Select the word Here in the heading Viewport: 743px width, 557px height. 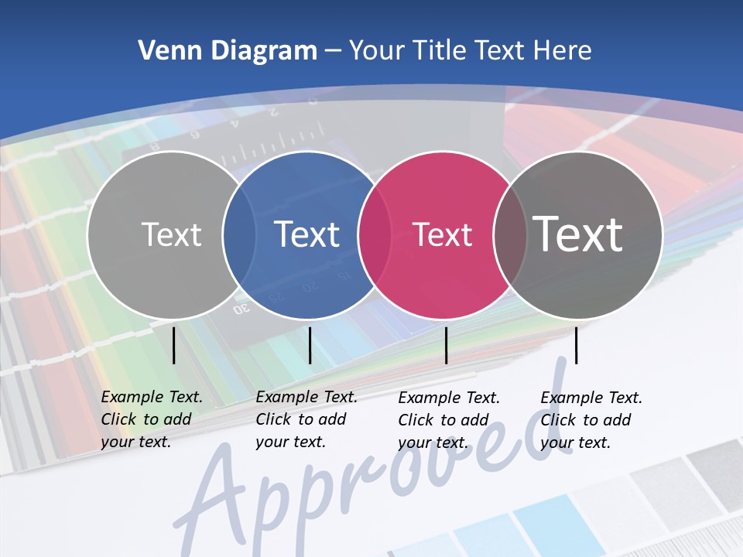563,51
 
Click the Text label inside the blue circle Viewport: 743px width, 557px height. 307,234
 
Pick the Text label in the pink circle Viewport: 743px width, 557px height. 442,234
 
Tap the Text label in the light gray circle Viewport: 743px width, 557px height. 171,234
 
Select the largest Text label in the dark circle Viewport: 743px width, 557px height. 578,234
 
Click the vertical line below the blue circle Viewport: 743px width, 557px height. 310,345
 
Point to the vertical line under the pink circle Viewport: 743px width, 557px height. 446,345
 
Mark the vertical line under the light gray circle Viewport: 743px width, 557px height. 173,345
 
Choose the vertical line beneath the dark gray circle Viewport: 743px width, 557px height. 576,345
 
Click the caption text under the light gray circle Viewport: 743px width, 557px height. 151,419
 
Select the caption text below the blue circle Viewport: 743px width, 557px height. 306,419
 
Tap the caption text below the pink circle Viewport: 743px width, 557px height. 448,420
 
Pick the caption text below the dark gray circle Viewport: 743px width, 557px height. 591,420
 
